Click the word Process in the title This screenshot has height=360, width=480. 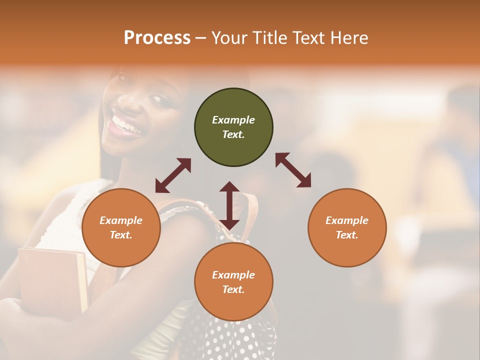(157, 38)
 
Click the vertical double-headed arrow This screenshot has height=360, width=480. (229, 205)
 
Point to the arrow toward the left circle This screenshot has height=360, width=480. (173, 175)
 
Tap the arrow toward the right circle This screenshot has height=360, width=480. (293, 170)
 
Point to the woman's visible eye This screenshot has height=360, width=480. (160, 99)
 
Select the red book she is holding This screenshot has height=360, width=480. (52, 280)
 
